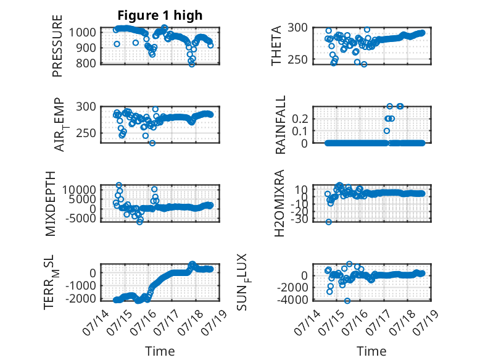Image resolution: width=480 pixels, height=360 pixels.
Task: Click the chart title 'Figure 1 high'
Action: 160,15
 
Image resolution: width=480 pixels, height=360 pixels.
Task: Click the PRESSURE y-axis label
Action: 57,46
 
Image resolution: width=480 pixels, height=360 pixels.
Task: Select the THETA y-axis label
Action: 276,46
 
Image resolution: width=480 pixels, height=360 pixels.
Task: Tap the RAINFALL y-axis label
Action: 280,125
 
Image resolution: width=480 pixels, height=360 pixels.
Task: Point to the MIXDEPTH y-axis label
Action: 51,204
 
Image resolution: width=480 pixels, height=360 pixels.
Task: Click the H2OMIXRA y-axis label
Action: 279,203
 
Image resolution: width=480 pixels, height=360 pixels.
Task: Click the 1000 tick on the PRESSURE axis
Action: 83,32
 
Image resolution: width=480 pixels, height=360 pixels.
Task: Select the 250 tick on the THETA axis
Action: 297,59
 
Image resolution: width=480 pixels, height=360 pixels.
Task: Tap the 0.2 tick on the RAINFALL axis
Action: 300,119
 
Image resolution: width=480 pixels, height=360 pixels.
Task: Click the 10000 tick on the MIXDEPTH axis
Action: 80,190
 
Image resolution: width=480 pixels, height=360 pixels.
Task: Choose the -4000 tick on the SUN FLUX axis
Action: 292,299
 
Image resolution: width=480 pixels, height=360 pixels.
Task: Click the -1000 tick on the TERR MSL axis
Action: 81,285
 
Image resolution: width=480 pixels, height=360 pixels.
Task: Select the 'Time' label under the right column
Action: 371,351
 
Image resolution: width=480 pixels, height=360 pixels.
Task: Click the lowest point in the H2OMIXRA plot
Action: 328,222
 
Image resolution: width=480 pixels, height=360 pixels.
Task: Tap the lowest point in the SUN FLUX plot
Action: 347,301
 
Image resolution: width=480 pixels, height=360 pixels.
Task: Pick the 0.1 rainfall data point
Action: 387,131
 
